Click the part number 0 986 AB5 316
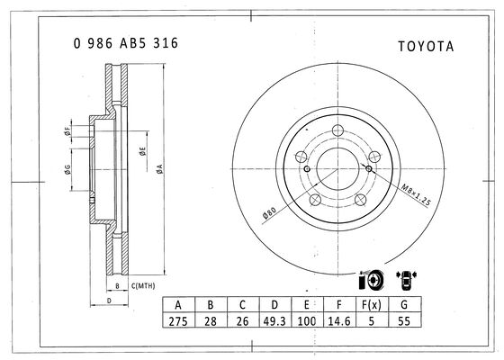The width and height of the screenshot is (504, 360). (126, 43)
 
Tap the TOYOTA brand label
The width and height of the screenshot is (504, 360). (426, 47)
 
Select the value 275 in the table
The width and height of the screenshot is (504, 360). (178, 320)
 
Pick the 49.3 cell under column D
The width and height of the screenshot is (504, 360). (274, 320)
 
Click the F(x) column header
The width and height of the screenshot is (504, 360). (371, 304)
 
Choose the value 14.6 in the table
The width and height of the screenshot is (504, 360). (339, 320)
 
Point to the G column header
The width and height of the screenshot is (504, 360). (404, 304)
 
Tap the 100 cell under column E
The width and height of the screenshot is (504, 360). (307, 320)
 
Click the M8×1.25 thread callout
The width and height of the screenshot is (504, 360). (416, 194)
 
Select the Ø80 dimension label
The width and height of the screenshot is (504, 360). (269, 212)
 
